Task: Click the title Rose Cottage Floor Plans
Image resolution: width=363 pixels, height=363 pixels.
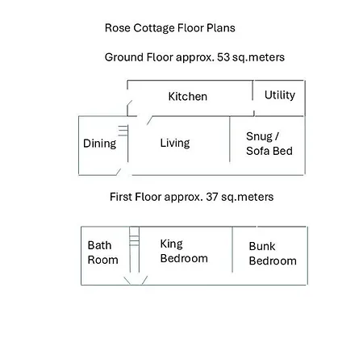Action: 169,27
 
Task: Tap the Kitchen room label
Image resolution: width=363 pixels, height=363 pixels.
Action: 187,97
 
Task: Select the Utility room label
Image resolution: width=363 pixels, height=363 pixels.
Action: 279,95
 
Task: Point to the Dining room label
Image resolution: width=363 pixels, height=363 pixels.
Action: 100,144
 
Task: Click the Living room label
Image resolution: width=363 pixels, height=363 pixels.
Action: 174,143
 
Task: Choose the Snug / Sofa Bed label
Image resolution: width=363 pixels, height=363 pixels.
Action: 269,143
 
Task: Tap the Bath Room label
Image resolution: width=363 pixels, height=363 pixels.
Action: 102,252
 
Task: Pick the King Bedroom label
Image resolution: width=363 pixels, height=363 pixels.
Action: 183,251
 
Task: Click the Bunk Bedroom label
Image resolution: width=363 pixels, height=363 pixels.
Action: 272,253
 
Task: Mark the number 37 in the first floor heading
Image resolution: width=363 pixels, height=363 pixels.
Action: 214,197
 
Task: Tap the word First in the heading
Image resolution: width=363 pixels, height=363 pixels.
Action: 123,197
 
